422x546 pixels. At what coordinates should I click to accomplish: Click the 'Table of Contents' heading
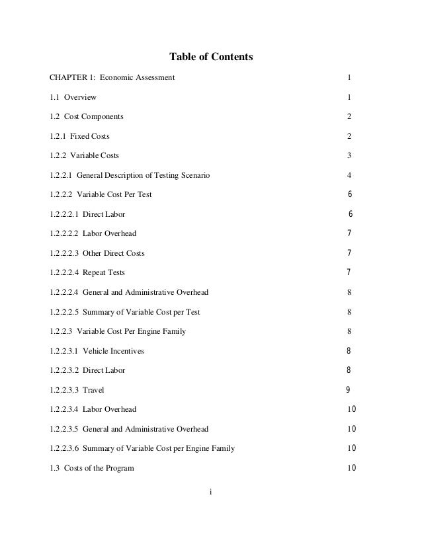[211, 58]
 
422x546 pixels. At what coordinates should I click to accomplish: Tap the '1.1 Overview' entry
[73, 98]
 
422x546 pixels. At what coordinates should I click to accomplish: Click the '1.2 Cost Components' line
[86, 117]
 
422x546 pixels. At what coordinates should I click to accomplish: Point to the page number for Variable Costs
[349, 156]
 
